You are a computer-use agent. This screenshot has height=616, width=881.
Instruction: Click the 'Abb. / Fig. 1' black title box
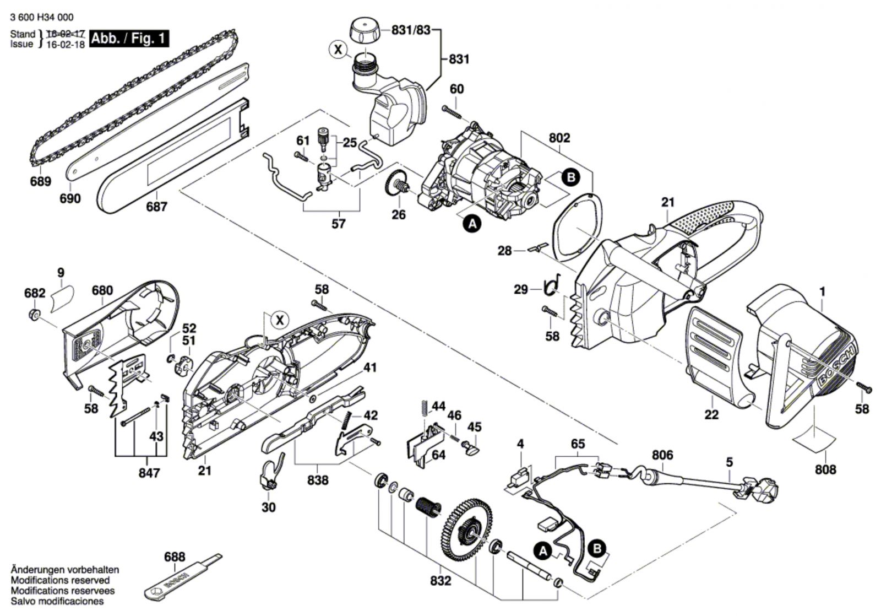coord(129,39)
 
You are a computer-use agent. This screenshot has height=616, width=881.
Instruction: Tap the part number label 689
coord(41,181)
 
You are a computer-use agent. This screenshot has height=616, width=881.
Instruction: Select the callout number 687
coord(156,206)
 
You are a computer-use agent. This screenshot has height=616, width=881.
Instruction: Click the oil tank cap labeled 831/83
coord(365,30)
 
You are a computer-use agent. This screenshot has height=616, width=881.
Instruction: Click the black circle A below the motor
coord(473,224)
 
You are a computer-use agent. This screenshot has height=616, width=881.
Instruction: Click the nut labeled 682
coord(34,315)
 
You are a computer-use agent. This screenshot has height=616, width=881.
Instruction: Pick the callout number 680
coord(102,290)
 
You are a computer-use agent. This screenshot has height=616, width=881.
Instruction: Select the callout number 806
coord(662,455)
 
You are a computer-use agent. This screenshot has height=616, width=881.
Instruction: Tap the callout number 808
coord(825,469)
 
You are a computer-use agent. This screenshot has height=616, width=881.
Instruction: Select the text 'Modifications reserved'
coord(60,580)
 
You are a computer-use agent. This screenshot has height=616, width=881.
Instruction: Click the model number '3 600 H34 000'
coord(42,17)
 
